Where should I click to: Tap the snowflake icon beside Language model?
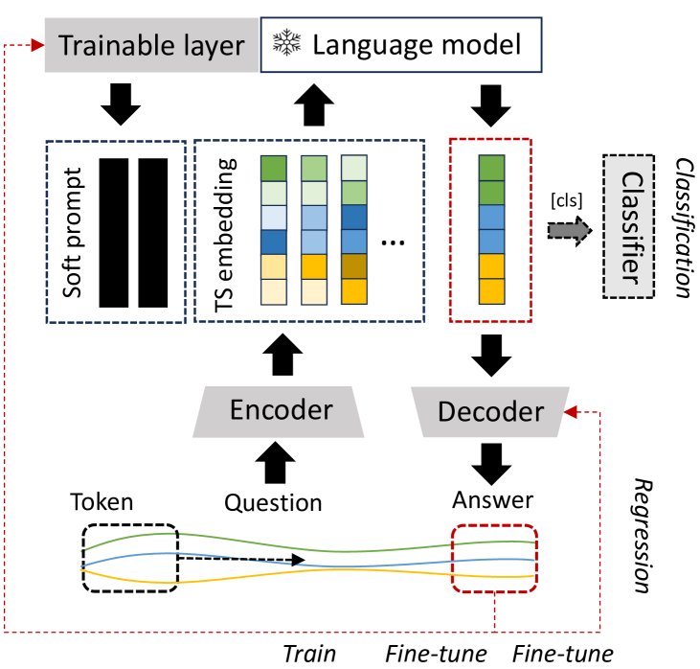tap(286, 42)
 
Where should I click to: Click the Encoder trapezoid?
tap(282, 410)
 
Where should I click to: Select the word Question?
tap(273, 501)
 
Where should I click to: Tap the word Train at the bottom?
tap(308, 655)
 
